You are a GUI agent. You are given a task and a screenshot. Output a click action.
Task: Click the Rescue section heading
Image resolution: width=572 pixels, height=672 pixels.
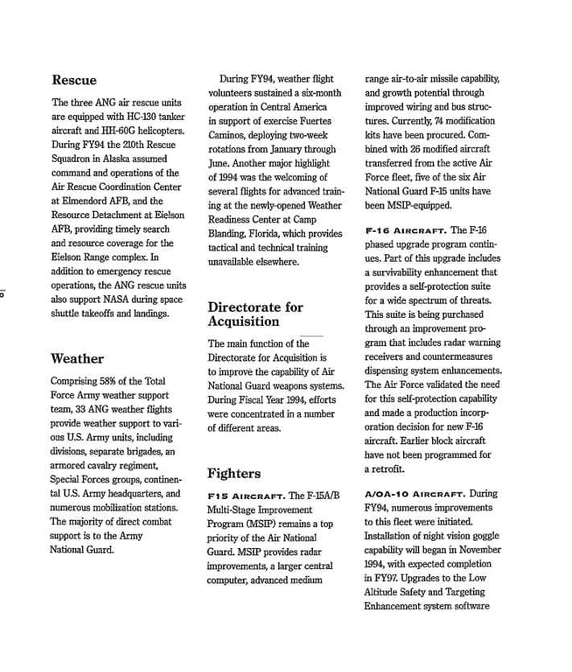pyautogui.click(x=74, y=80)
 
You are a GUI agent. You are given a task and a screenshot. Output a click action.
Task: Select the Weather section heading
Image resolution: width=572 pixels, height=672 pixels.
pyautogui.click(x=77, y=359)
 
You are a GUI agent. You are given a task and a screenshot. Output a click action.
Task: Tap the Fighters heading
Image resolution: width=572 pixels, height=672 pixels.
pyautogui.click(x=234, y=473)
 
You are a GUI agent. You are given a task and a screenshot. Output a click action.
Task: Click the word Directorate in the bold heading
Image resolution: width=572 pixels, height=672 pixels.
pyautogui.click(x=245, y=307)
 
